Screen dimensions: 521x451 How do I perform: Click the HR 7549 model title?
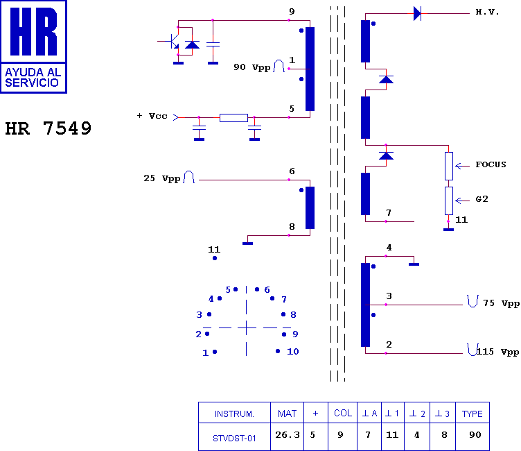click(x=48, y=128)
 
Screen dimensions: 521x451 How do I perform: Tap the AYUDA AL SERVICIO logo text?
click(x=33, y=77)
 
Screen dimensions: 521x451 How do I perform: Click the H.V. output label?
click(x=487, y=12)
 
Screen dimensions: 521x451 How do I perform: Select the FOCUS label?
click(x=491, y=164)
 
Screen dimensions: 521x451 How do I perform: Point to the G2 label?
click(x=482, y=199)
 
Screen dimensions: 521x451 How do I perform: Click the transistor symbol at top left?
click(x=171, y=41)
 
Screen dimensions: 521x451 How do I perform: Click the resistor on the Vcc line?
click(x=233, y=117)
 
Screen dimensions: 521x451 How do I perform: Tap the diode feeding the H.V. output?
click(x=417, y=14)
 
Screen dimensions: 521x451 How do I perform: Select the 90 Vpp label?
click(x=252, y=67)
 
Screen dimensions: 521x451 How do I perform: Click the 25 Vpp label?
click(x=162, y=178)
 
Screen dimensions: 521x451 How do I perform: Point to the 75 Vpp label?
click(x=502, y=303)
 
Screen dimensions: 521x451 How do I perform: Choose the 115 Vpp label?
click(x=497, y=352)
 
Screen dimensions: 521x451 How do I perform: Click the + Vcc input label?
click(x=152, y=116)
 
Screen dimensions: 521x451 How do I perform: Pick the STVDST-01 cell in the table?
click(x=234, y=439)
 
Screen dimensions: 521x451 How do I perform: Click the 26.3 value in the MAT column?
click(x=288, y=434)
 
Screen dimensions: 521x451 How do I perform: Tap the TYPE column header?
click(x=473, y=414)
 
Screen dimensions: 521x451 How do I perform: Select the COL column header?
click(x=343, y=413)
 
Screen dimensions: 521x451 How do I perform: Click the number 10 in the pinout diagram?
click(x=293, y=352)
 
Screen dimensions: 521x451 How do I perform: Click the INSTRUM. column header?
click(x=234, y=414)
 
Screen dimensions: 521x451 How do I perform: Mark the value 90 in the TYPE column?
click(x=475, y=434)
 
